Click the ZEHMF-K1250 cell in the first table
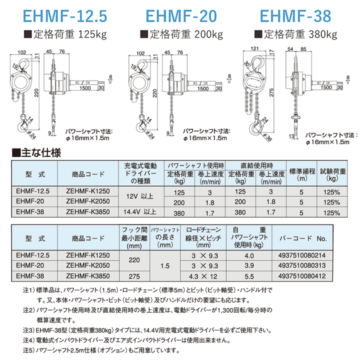tap(87, 191)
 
